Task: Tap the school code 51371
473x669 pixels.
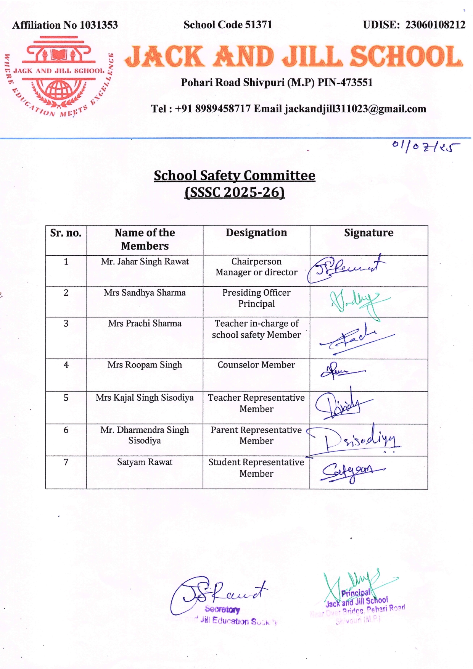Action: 258,25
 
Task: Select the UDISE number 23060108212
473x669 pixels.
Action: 435,25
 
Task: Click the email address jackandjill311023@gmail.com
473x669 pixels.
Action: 355,109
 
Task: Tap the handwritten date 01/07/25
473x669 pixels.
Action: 425,146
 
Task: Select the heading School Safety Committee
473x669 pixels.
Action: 234,176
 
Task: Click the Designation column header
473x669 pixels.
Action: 256,233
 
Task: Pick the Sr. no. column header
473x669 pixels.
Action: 66,233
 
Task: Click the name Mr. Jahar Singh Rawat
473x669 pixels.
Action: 145,262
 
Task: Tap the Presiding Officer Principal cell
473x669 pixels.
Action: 256,298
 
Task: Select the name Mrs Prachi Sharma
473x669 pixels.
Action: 145,324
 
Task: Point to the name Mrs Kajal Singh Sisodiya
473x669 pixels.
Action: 145,398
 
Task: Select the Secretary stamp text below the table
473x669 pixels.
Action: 222,609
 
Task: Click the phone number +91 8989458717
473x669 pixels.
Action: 212,109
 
